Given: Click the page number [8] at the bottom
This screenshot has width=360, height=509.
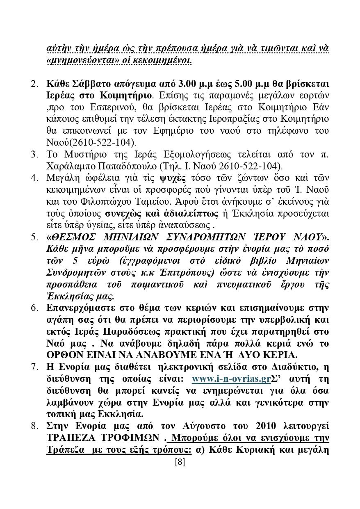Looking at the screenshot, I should click(180, 462).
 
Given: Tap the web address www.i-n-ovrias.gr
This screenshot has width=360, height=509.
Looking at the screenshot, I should click(231, 389).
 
